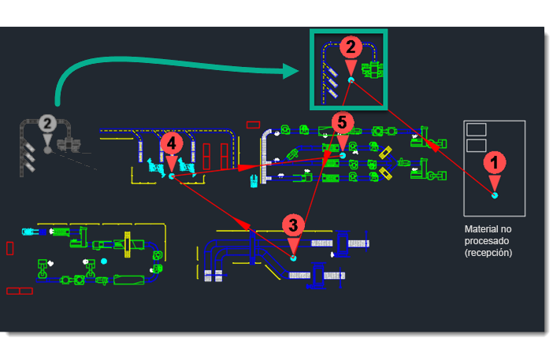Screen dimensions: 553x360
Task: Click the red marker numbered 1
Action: pyautogui.click(x=495, y=162)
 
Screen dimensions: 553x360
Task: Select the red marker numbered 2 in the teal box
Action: pyautogui.click(x=351, y=47)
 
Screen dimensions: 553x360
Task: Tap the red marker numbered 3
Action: pyautogui.click(x=293, y=225)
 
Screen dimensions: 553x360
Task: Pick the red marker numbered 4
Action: pyautogui.click(x=172, y=143)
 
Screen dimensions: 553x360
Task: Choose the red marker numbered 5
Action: pyautogui.click(x=342, y=123)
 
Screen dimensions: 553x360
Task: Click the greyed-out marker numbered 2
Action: pyautogui.click(x=47, y=124)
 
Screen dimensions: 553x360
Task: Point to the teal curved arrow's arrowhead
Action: pyautogui.click(x=291, y=71)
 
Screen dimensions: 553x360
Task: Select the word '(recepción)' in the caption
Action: pyautogui.click(x=488, y=253)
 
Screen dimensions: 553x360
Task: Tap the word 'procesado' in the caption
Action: pyautogui.click(x=487, y=241)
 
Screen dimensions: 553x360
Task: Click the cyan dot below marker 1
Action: pyautogui.click(x=495, y=195)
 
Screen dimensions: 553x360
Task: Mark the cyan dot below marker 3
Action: pyautogui.click(x=293, y=258)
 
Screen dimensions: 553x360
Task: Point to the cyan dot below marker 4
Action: pyautogui.click(x=172, y=176)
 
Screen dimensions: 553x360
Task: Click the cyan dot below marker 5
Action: pyautogui.click(x=343, y=155)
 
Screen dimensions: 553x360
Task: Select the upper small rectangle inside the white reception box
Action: pyautogui.click(x=476, y=129)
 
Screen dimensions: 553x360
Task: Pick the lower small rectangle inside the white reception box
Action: pyautogui.click(x=476, y=145)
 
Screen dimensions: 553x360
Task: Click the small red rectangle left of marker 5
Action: pyautogui.click(x=253, y=124)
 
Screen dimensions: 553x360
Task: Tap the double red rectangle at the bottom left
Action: pyautogui.click(x=20, y=291)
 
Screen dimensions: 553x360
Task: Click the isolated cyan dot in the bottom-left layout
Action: pyautogui.click(x=104, y=262)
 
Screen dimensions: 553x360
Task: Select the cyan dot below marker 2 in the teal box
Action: pyautogui.click(x=351, y=80)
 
